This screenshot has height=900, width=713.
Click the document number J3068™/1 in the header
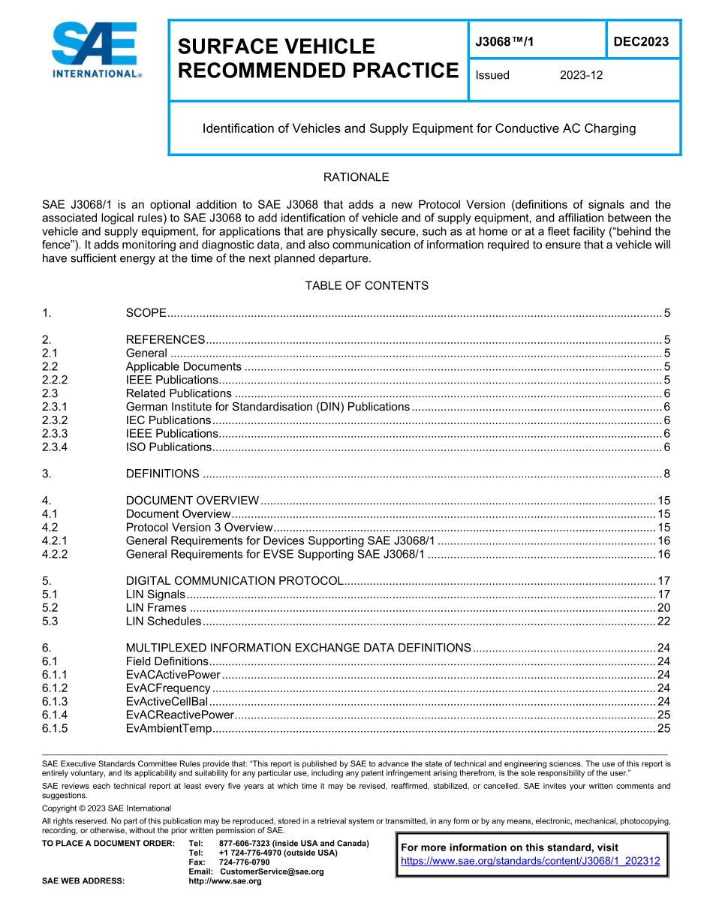(x=505, y=43)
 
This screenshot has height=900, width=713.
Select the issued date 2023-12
(x=581, y=75)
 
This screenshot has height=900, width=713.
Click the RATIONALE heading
(x=356, y=178)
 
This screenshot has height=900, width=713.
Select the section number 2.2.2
(x=56, y=380)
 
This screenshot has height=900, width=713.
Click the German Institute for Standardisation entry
(x=267, y=407)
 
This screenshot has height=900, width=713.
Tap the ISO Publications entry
(x=169, y=447)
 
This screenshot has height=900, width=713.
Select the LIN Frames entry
(x=156, y=608)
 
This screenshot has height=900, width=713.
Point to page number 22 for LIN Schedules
(x=663, y=622)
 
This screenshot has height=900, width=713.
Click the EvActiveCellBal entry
(x=167, y=702)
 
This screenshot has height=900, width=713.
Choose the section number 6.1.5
(x=56, y=729)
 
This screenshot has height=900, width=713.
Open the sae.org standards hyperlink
(x=531, y=861)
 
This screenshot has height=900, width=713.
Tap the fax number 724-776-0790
(x=244, y=862)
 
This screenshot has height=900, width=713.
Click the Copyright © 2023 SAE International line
(x=107, y=808)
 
